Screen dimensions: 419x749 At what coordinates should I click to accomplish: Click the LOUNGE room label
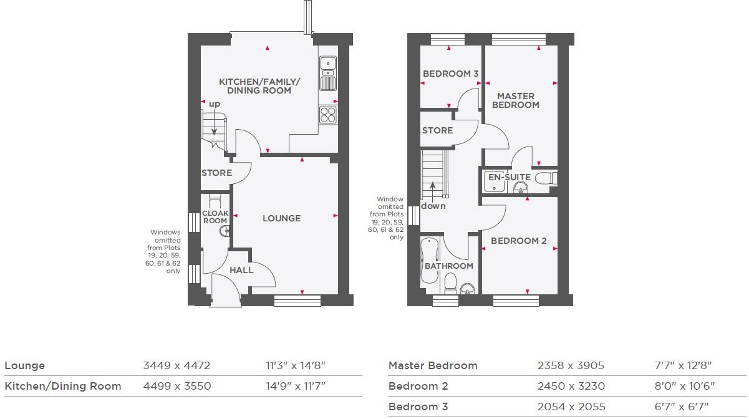point(281,218)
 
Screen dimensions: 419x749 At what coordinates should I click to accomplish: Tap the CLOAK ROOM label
point(215,217)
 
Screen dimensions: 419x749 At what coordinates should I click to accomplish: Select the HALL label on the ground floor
point(241,270)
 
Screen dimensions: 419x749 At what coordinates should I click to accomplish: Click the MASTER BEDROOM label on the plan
point(516,100)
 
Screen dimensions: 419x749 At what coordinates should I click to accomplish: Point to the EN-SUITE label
point(509,177)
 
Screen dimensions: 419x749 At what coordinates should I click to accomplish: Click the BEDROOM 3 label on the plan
point(450,74)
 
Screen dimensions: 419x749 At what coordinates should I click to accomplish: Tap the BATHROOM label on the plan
point(448,266)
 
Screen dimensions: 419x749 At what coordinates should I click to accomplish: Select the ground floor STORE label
point(216,173)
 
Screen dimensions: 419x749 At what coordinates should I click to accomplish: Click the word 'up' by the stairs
point(215,104)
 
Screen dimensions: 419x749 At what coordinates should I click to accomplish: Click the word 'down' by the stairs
point(433,206)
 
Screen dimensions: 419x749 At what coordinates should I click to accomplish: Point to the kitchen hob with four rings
point(328,114)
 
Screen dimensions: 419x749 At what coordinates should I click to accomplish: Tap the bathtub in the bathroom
point(429,259)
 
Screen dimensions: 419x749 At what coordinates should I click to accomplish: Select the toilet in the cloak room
point(215,201)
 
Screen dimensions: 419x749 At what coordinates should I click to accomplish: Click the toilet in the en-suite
point(545,178)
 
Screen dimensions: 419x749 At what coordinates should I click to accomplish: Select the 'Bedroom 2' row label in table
point(418,386)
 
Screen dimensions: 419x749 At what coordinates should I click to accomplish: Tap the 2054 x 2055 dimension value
point(571,407)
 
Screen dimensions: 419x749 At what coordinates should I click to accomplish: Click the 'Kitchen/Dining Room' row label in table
point(62,386)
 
